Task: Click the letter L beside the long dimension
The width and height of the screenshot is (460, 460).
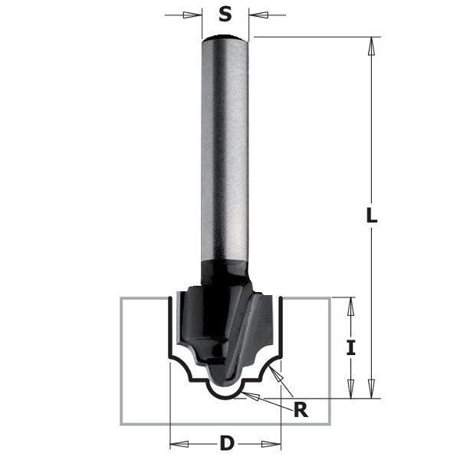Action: coord(371,217)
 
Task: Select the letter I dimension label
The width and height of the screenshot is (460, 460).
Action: coord(350,347)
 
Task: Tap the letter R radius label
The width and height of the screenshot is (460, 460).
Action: coord(301,409)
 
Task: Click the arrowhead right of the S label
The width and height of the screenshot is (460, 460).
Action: coord(257,14)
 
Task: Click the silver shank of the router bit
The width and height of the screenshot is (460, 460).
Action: coord(225,153)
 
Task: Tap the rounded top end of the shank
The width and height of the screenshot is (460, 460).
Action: coord(225,39)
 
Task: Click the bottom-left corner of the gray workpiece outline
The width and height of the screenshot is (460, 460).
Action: coord(121,423)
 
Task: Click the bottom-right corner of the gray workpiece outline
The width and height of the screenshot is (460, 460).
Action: coord(330,423)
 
